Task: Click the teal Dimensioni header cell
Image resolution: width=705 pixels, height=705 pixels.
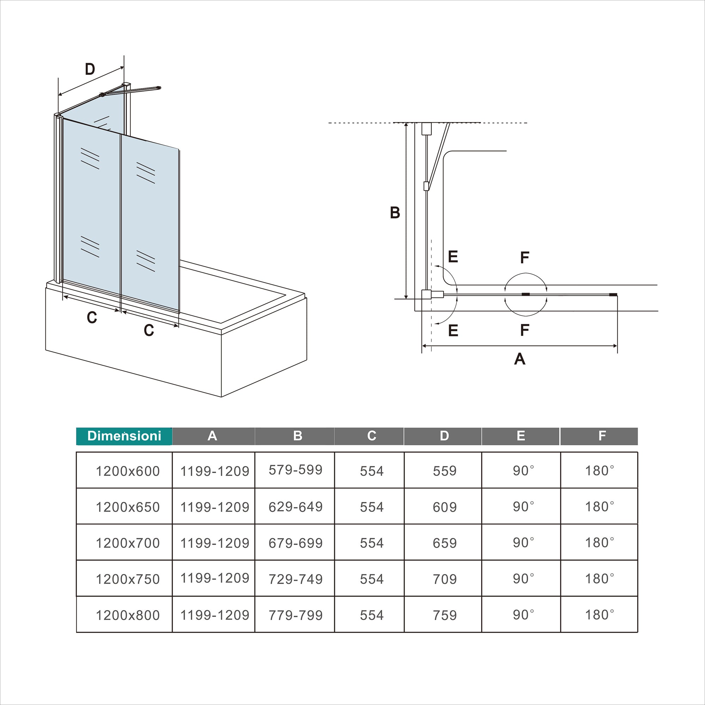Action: click(124, 436)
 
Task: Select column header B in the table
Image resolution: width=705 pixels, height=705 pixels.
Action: click(298, 436)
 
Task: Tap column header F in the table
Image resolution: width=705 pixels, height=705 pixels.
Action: click(599, 436)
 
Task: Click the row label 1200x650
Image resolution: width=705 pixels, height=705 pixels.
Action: click(128, 507)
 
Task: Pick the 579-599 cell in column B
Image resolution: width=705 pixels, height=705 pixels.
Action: click(296, 470)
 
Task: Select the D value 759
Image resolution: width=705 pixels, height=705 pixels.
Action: click(445, 615)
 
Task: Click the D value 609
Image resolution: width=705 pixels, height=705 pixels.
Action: click(445, 507)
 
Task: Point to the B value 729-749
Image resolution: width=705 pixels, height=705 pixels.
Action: click(296, 579)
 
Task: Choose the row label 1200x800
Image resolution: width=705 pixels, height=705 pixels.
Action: click(128, 615)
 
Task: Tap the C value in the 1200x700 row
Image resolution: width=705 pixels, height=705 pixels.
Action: click(372, 543)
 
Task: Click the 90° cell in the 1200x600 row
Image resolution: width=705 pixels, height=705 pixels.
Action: click(523, 471)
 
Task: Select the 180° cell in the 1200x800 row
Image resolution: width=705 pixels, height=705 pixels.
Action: click(600, 615)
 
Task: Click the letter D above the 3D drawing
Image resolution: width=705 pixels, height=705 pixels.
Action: click(90, 69)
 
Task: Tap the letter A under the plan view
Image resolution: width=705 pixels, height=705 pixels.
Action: click(520, 359)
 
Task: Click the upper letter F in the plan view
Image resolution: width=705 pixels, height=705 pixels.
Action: click(525, 258)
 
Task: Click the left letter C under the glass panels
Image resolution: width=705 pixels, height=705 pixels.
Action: click(92, 318)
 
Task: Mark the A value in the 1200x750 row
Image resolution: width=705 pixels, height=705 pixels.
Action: click(215, 578)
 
